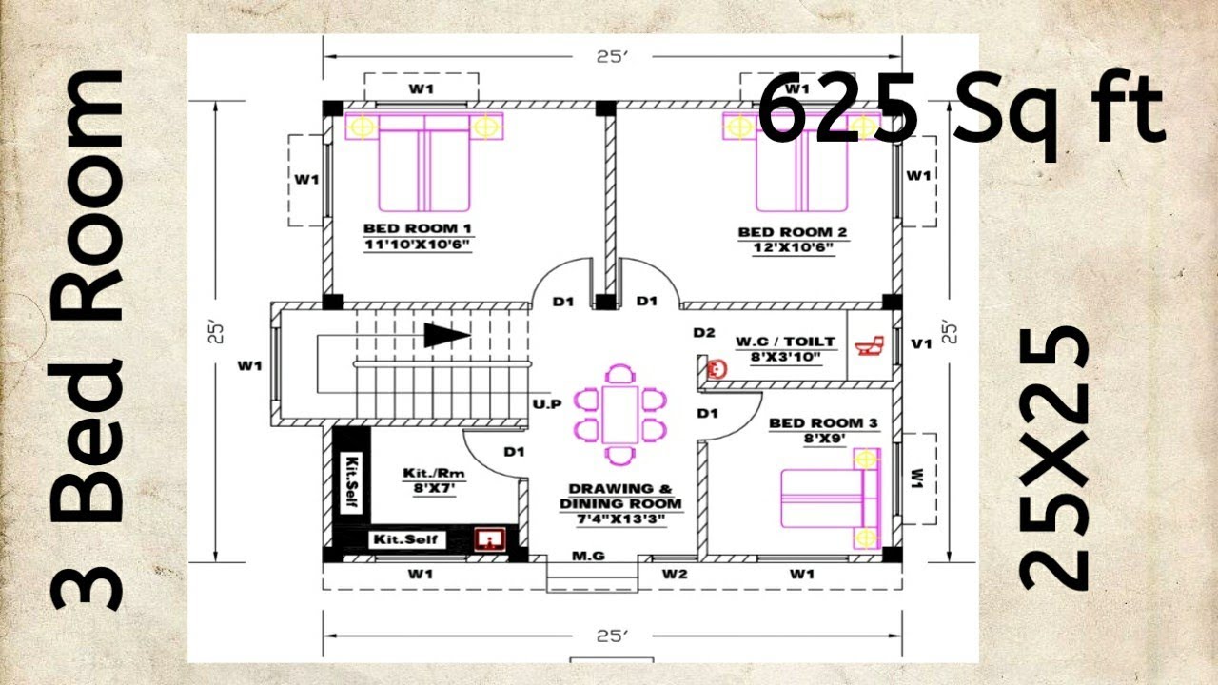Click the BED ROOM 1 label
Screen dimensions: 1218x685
[x=417, y=228]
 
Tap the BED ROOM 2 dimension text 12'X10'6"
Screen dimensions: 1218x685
[x=794, y=248]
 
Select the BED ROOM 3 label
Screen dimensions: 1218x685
[x=823, y=423]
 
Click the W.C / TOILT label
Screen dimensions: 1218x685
[x=785, y=342]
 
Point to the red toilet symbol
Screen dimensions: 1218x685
[x=869, y=345]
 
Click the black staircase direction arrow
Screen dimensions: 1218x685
[x=447, y=335]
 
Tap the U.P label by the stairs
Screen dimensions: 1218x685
[x=547, y=404]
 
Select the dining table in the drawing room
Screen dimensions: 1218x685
[x=619, y=414]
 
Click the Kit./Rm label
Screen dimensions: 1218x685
[x=434, y=473]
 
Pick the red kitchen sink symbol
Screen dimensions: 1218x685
[x=489, y=538]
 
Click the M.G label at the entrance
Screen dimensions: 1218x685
[x=588, y=556]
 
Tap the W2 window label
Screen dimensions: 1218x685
[x=675, y=574]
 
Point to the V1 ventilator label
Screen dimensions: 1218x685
[x=921, y=343]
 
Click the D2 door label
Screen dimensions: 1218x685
[x=704, y=332]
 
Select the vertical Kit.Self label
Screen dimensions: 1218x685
[x=352, y=482]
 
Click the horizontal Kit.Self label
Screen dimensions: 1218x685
[x=405, y=539]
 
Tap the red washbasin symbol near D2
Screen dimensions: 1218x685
[x=717, y=370]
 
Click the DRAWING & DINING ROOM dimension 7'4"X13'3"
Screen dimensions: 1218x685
[x=620, y=519]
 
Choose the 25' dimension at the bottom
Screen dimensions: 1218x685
[x=612, y=636]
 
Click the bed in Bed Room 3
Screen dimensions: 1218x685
[x=831, y=499]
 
